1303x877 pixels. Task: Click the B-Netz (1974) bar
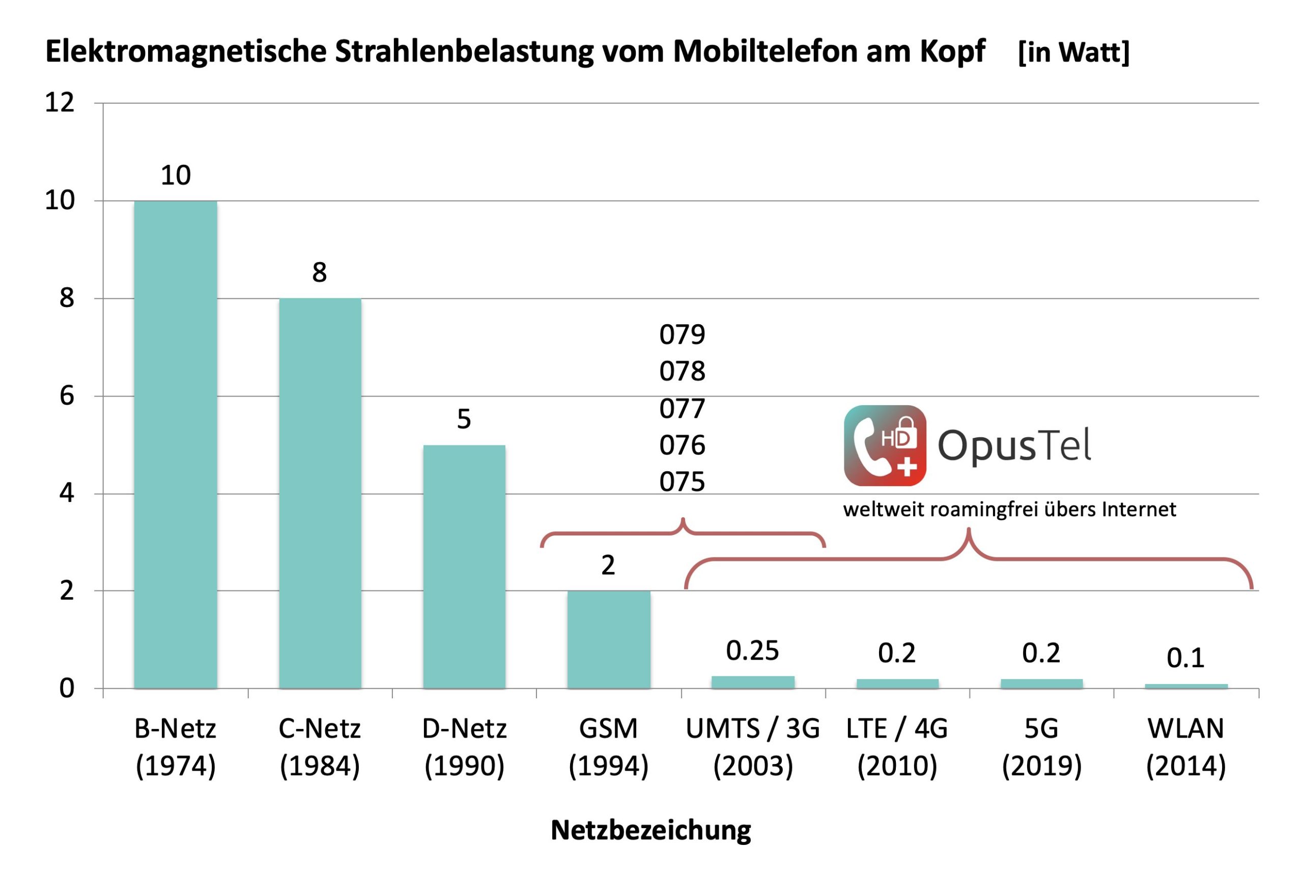175,445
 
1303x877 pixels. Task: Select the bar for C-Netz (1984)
320,493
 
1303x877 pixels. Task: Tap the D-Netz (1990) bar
464,567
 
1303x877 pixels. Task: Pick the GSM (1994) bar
608,639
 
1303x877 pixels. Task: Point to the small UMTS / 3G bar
753,682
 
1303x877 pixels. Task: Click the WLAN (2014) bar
1186,686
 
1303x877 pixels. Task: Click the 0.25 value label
752,650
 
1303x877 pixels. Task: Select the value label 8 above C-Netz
319,272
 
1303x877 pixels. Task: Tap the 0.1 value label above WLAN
1185,658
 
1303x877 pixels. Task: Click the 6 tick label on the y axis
67,396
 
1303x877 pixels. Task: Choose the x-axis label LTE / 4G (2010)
897,747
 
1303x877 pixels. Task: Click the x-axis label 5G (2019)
1041,747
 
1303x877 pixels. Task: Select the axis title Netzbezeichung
651,830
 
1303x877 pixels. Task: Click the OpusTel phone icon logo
885,446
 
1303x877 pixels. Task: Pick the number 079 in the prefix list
682,334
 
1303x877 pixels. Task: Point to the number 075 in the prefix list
682,482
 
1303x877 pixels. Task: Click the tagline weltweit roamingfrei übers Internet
1009,510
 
